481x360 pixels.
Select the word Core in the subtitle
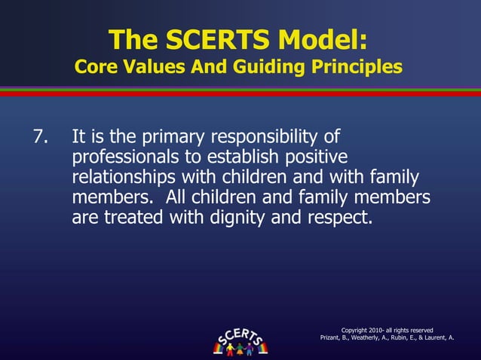(96, 67)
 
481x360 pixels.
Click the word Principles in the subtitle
(354, 67)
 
